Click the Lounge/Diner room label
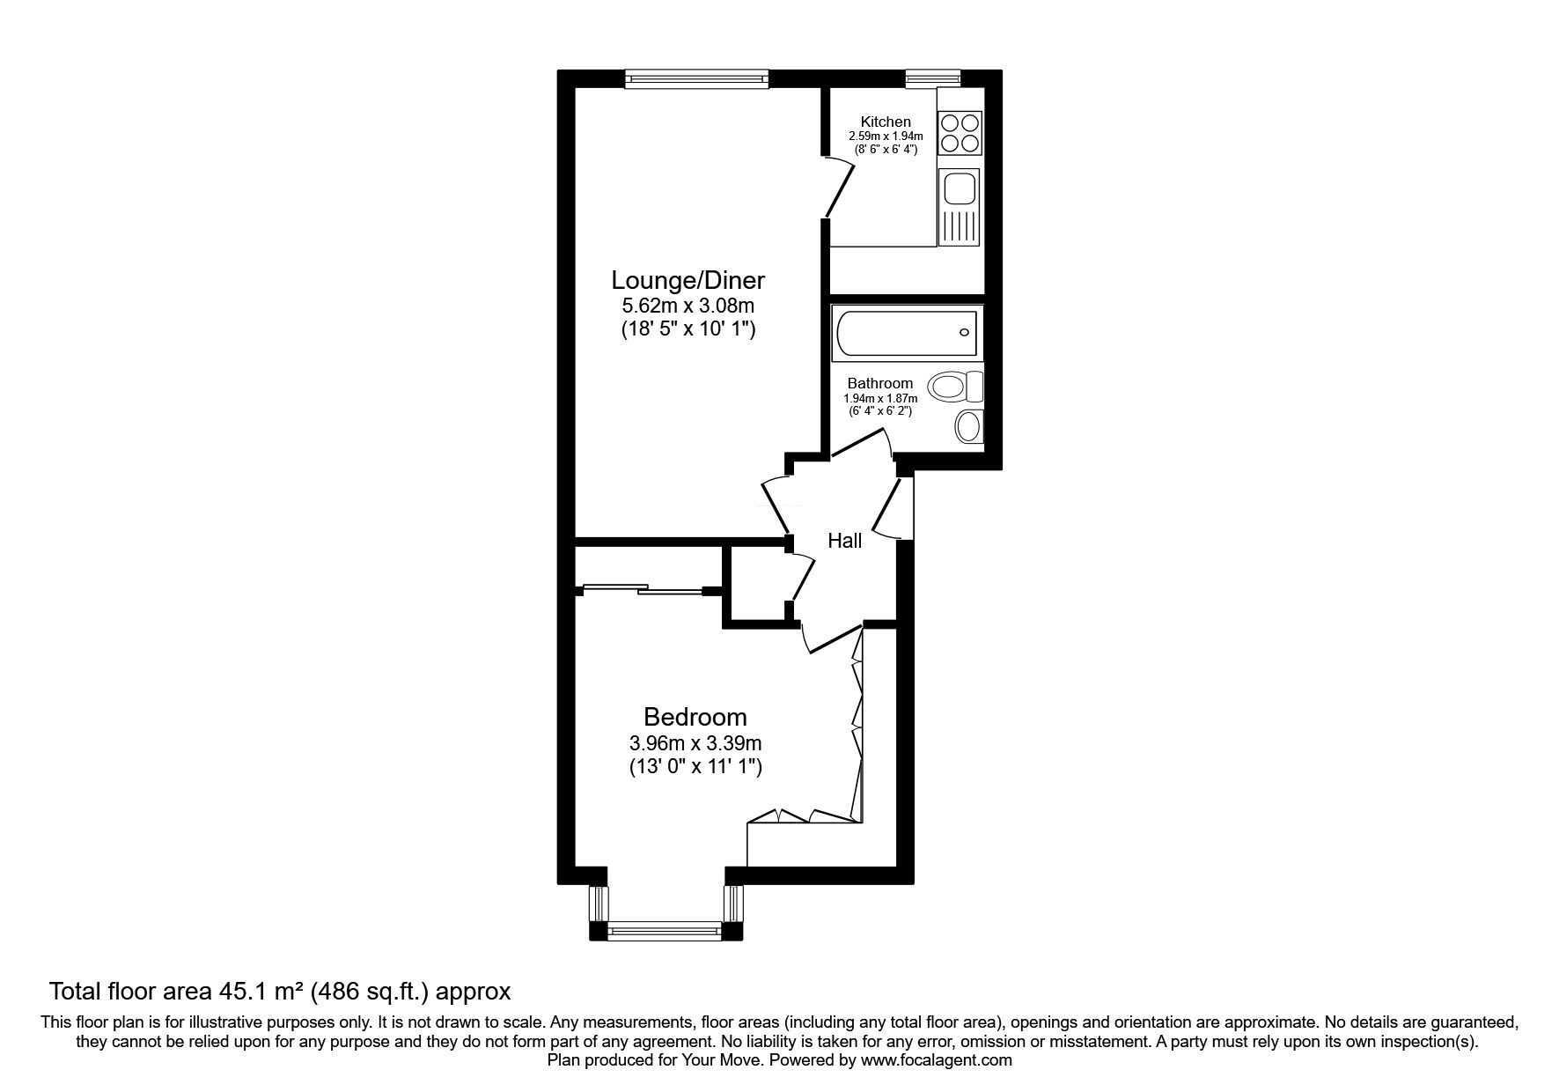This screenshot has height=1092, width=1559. click(x=688, y=281)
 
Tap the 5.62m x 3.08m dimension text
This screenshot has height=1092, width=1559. click(x=688, y=306)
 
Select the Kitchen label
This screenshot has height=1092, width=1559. click(x=886, y=122)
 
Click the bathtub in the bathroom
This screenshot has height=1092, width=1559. click(x=907, y=333)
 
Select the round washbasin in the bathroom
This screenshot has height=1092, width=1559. click(x=967, y=427)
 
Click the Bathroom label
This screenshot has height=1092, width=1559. click(x=879, y=383)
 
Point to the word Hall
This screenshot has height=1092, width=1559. click(x=844, y=541)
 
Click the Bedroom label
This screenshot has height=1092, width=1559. click(x=695, y=716)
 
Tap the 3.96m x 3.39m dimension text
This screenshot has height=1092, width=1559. click(x=695, y=742)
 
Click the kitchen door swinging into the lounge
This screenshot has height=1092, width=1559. click(x=839, y=187)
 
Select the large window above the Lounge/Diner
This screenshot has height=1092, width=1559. click(x=696, y=79)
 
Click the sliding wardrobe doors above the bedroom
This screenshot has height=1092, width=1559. click(x=643, y=588)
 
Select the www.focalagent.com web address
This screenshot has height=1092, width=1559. click(x=936, y=1060)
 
